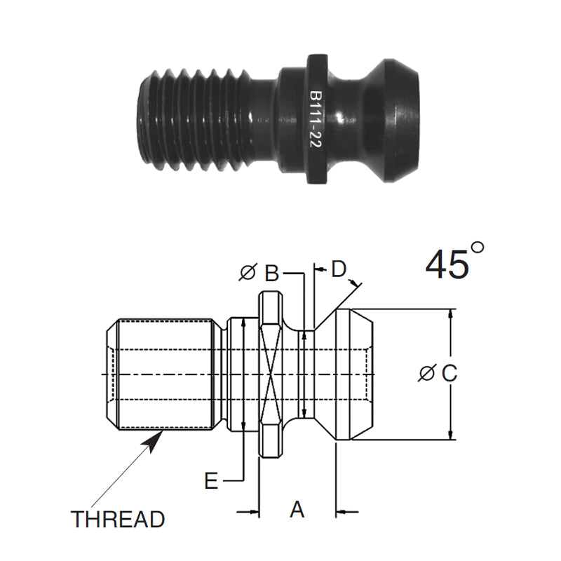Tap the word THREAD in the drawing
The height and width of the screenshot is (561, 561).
tap(118, 520)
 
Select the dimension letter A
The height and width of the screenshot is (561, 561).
tap(297, 509)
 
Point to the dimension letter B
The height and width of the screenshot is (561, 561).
tap(273, 273)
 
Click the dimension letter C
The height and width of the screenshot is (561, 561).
tap(449, 373)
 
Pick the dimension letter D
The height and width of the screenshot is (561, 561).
tap(339, 269)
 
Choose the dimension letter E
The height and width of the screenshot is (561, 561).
tap(211, 481)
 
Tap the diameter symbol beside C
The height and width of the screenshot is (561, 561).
tap(426, 374)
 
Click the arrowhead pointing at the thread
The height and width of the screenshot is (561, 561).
tap(156, 438)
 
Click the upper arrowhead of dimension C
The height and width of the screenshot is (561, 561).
tap(450, 315)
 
